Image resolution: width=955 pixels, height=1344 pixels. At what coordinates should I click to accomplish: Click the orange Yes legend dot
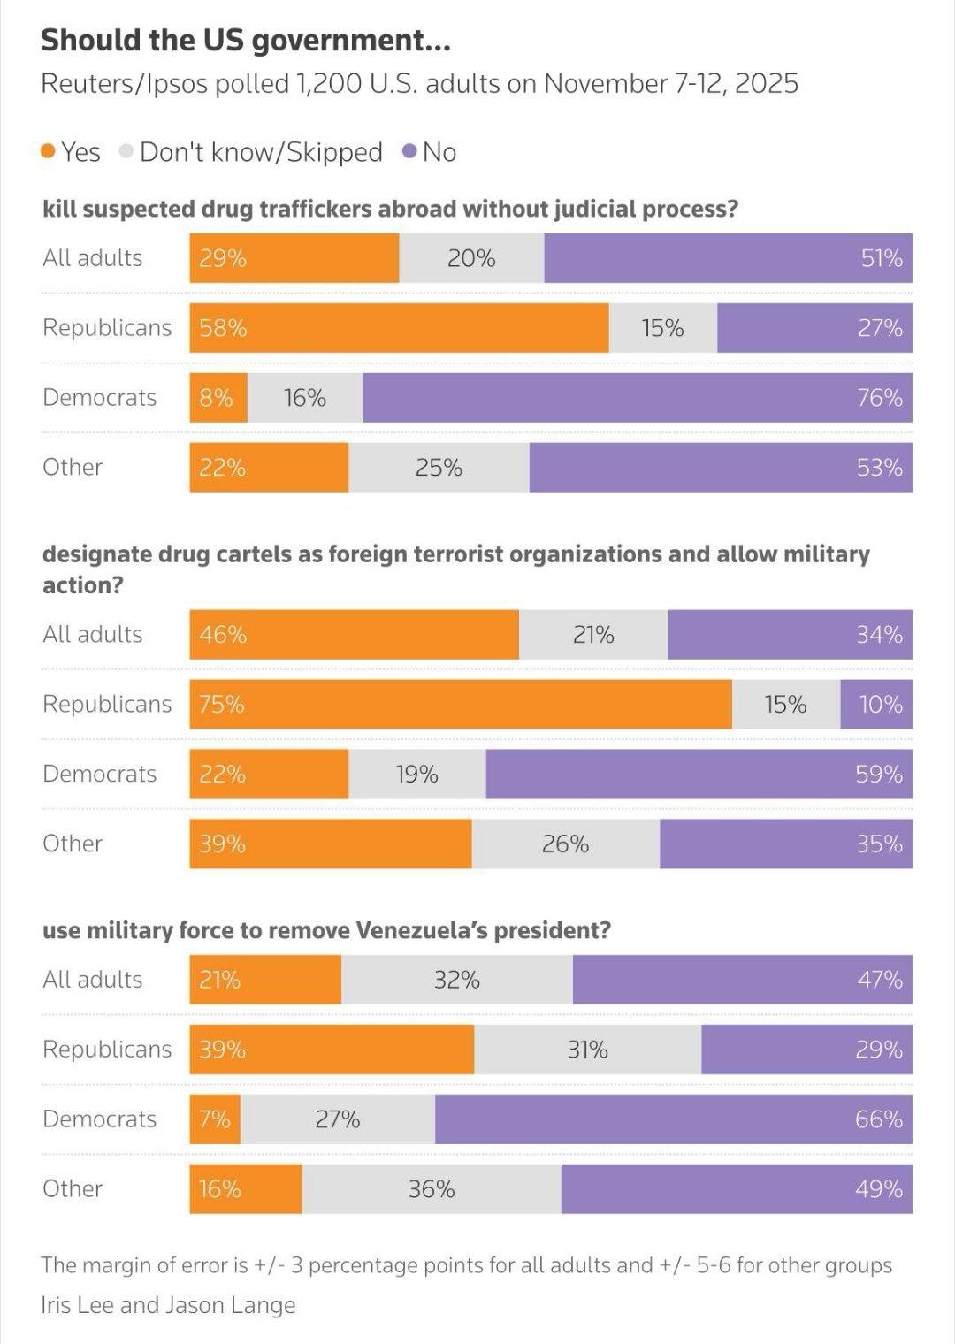[49, 152]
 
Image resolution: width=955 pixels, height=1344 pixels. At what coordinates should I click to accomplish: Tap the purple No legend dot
[409, 152]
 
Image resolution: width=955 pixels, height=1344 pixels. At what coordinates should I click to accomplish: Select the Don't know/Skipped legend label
[261, 152]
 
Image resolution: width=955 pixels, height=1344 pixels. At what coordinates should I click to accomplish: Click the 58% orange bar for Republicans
[399, 328]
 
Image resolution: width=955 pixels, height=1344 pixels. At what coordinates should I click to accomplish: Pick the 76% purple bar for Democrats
[637, 398]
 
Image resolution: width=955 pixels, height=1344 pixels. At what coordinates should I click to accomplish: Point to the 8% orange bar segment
[218, 398]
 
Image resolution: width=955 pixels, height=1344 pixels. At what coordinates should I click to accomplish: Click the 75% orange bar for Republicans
[460, 705]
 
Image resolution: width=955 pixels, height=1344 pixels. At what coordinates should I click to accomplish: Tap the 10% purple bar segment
[876, 705]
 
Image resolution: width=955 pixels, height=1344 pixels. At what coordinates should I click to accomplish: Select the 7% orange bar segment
[215, 1119]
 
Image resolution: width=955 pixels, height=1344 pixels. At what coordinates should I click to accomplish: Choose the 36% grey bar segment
[432, 1189]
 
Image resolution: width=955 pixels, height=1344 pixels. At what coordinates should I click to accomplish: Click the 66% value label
[878, 1119]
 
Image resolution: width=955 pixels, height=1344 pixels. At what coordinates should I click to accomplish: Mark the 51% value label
[882, 258]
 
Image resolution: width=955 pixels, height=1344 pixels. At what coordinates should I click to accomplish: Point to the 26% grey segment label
[565, 844]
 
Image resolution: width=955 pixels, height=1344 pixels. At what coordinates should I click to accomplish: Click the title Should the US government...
[245, 40]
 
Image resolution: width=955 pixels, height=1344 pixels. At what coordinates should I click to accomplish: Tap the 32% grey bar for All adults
[456, 980]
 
